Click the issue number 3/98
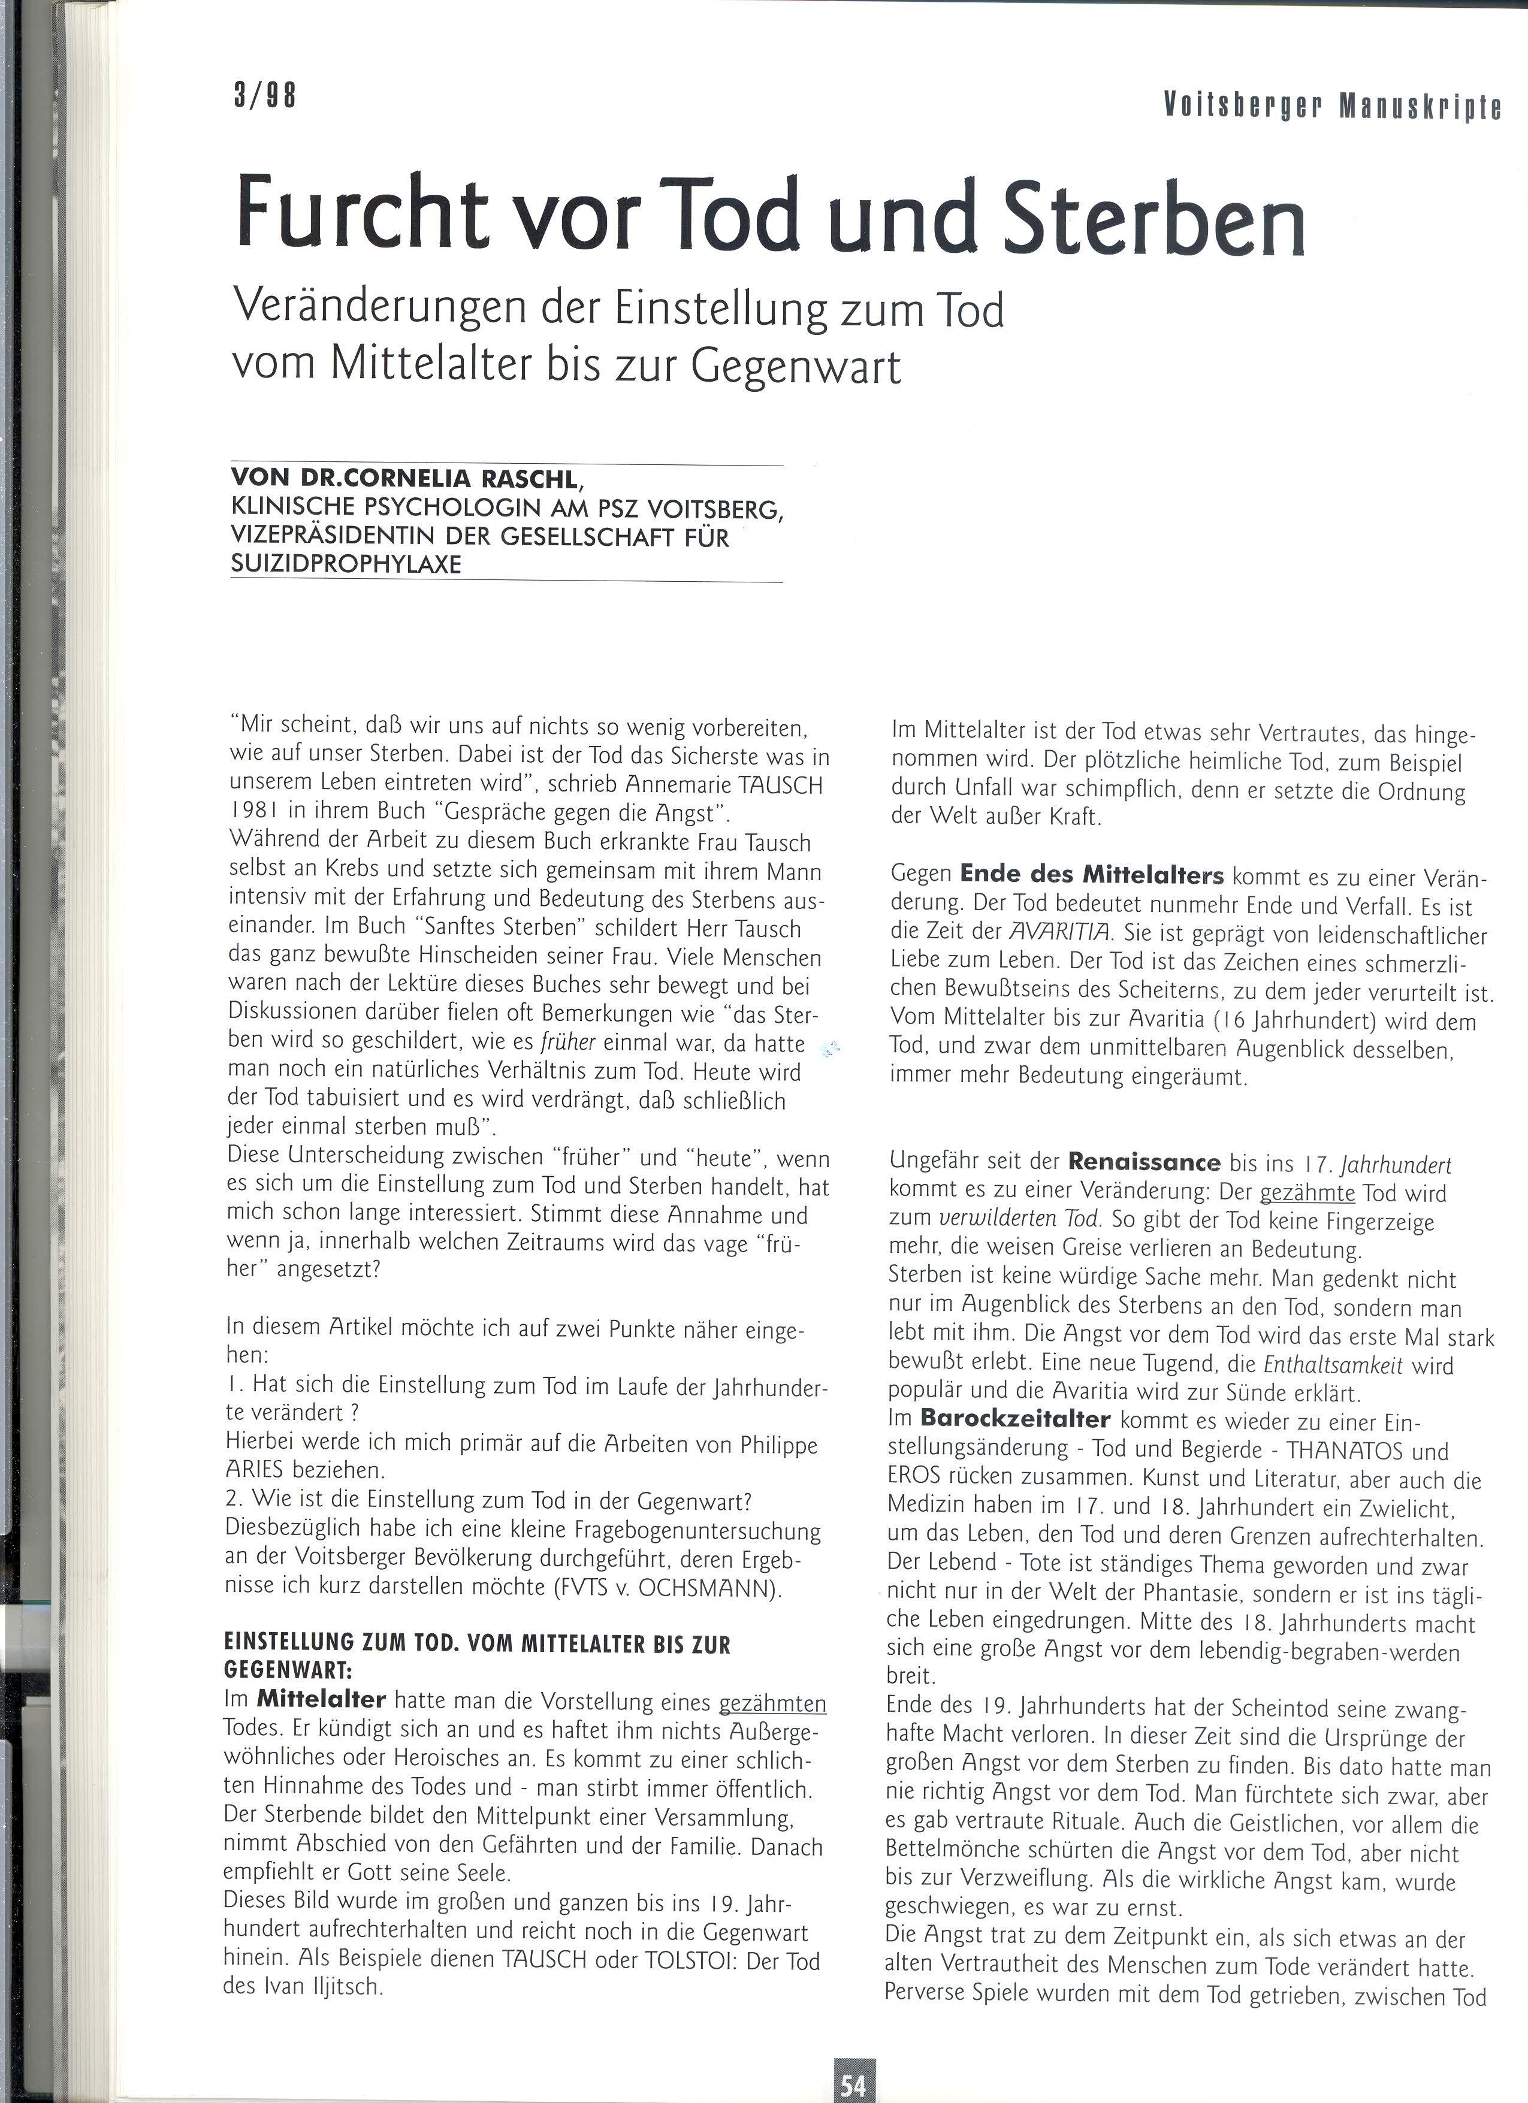click(x=264, y=96)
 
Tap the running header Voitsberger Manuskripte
click(x=1331, y=108)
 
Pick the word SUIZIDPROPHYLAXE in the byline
click(x=345, y=564)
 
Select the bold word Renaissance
click(x=1144, y=1162)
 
